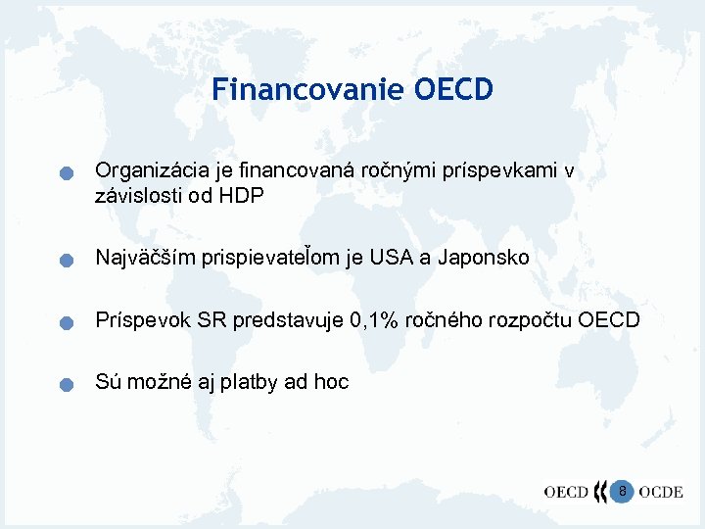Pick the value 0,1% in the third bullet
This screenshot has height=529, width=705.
click(371, 320)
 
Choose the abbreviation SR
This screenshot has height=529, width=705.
click(213, 320)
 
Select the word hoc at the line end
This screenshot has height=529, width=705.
click(331, 382)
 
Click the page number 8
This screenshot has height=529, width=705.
click(623, 489)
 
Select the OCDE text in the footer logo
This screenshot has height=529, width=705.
click(661, 492)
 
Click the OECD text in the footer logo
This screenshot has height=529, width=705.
click(565, 492)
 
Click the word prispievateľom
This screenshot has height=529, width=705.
click(269, 258)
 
